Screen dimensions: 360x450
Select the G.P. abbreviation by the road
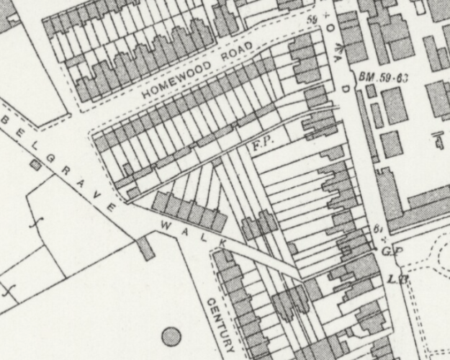(390, 250)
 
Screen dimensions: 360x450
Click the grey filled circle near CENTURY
(171, 336)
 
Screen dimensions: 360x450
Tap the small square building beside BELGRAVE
(35, 165)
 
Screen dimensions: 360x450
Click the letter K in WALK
(222, 244)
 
